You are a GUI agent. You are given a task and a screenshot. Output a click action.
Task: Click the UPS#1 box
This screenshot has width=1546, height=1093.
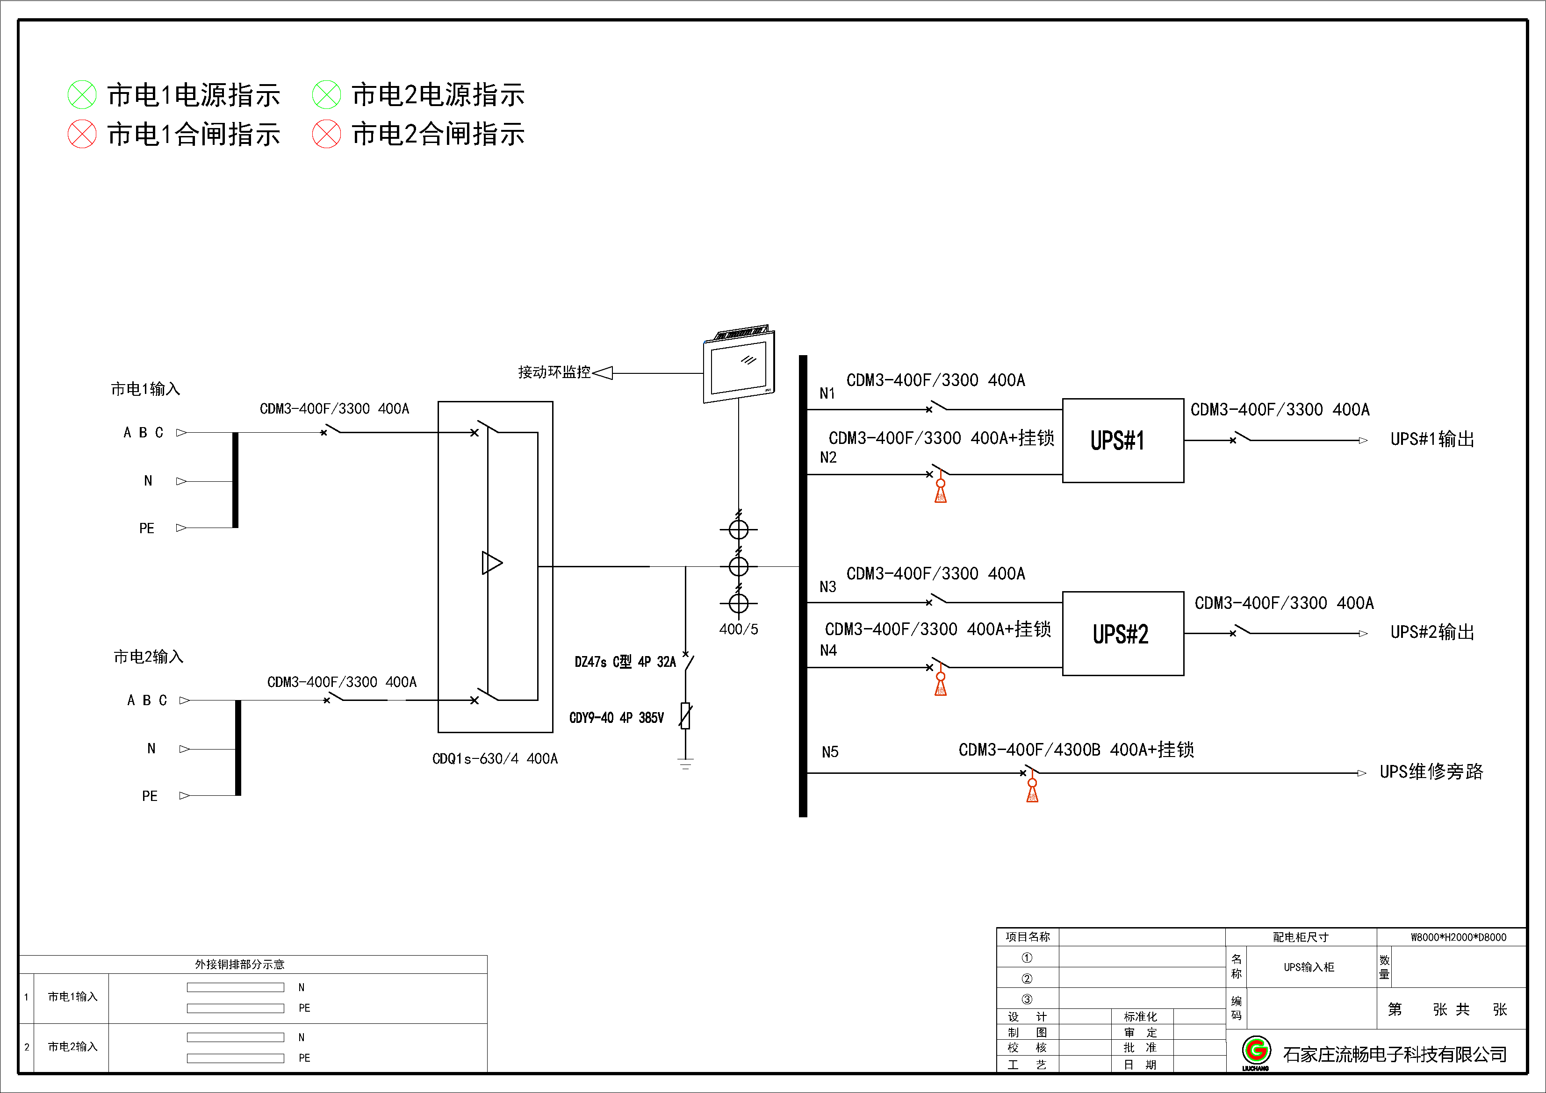[x=1122, y=440]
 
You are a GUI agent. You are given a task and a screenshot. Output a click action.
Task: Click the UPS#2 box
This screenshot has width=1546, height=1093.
[x=1122, y=633]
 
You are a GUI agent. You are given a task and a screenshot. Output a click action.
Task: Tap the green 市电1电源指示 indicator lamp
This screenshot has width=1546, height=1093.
[x=82, y=95]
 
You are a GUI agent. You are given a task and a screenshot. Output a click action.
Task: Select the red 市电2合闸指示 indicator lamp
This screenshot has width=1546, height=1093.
[x=327, y=134]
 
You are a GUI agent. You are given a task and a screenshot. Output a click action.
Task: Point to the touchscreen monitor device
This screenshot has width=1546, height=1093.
[x=739, y=367]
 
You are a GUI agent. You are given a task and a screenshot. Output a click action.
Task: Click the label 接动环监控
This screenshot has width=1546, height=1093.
[x=554, y=372]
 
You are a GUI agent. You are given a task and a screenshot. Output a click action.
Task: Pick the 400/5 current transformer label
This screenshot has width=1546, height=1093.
[x=738, y=629]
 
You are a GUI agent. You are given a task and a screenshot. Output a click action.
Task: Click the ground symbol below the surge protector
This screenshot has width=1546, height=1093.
[x=685, y=764]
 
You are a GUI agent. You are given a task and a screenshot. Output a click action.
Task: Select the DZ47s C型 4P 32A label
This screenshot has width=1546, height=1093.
[x=625, y=662]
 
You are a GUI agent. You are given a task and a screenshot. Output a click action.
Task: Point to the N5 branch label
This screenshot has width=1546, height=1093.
[x=829, y=752]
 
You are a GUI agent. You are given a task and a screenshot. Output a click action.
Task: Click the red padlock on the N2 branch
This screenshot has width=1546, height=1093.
[x=941, y=492]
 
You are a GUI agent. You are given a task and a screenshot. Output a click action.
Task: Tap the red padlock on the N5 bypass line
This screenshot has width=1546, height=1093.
[x=1032, y=792]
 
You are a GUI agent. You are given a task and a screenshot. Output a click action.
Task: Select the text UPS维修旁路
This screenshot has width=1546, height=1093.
[x=1431, y=772]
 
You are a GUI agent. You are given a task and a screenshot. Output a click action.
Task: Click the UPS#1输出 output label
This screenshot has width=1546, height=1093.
[x=1432, y=439]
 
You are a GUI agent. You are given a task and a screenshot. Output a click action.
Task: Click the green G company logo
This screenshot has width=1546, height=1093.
[x=1256, y=1050]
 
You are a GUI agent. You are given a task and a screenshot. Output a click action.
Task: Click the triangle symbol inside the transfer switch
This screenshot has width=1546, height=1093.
[x=491, y=563]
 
